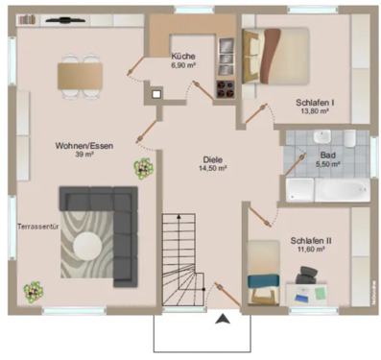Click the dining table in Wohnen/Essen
81,73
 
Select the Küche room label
182,56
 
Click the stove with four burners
226,89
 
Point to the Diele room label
212,159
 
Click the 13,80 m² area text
314,112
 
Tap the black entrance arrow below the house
224,320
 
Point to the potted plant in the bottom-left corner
34,289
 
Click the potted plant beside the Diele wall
143,169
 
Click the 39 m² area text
84,154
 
